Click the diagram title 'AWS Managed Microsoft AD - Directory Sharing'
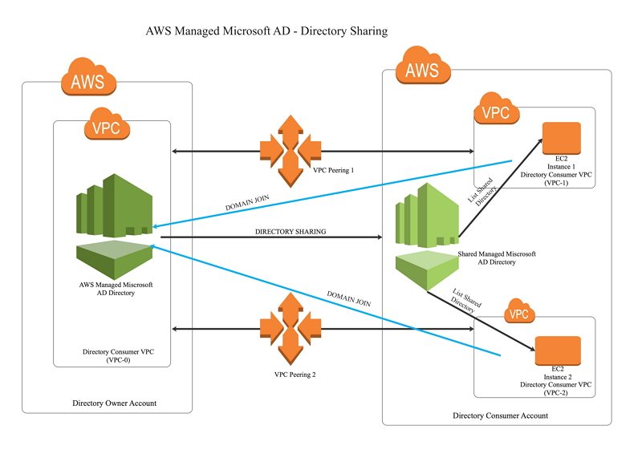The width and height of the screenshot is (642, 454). click(266, 32)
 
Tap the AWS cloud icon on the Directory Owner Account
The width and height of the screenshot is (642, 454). click(89, 80)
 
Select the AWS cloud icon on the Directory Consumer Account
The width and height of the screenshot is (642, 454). click(422, 70)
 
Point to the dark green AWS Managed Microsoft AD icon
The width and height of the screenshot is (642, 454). click(113, 221)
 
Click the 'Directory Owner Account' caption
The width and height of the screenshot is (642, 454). click(109, 403)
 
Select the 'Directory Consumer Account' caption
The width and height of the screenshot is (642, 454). click(501, 415)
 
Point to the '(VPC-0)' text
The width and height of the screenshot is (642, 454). click(112, 360)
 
